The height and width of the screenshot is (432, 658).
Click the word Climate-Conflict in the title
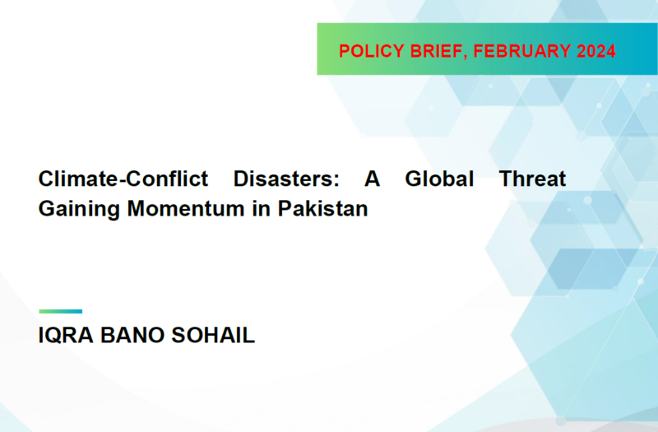click(123, 179)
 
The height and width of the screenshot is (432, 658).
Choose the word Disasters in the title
click(283, 179)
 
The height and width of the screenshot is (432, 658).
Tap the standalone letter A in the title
click(373, 179)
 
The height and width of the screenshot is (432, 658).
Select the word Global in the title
click(439, 179)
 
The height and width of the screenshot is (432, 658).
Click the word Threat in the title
click(532, 179)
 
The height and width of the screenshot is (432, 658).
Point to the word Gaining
click(79, 210)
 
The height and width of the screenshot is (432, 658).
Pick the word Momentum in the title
click(186, 209)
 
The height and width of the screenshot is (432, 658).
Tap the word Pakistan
click(322, 209)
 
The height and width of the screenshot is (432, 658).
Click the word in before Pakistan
click(261, 209)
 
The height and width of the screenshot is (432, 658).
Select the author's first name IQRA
click(66, 336)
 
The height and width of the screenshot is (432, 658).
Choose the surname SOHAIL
click(213, 336)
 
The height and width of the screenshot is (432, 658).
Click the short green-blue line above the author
click(60, 312)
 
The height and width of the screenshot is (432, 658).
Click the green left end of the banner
click(325, 49)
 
